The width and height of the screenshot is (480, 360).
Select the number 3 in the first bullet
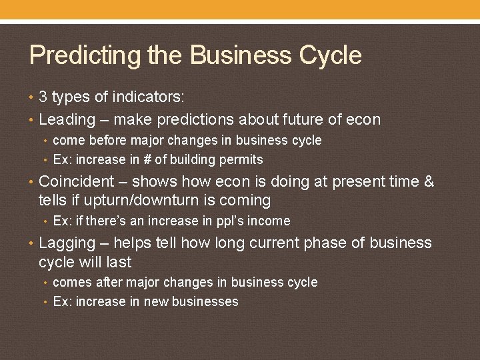(x=43, y=97)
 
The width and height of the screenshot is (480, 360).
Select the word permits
(x=243, y=160)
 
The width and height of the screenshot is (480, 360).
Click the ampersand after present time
(x=429, y=181)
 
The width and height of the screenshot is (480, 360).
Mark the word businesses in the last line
(x=204, y=302)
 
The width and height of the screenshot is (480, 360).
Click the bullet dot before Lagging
(x=32, y=243)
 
